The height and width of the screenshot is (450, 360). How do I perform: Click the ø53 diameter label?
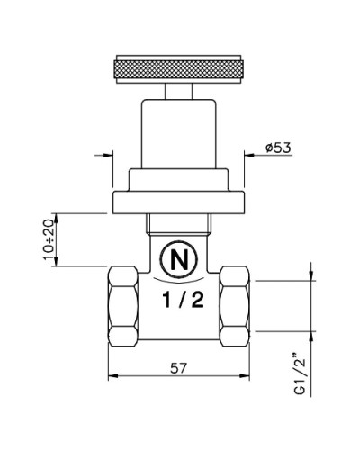278,148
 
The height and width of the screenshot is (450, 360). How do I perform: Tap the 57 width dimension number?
178,368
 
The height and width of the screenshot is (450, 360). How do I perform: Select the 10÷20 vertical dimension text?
48,239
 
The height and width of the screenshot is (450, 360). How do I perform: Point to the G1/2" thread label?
300,375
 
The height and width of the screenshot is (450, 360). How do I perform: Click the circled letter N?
179,258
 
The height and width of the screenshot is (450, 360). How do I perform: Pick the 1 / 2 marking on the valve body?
183,300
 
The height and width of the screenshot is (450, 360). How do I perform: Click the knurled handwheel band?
178,69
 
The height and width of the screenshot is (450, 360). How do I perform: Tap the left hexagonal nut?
123,306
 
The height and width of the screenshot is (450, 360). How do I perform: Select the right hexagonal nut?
234,306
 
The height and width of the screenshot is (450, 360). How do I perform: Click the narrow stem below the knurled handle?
178,91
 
